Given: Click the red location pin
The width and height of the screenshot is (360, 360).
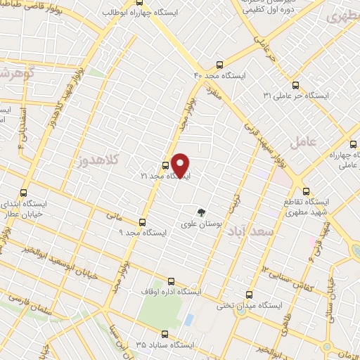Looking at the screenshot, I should click(x=180, y=165).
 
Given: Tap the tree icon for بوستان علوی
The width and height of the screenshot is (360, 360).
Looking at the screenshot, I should click(x=201, y=212).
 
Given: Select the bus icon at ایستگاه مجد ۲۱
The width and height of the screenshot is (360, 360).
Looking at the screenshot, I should click(x=165, y=166).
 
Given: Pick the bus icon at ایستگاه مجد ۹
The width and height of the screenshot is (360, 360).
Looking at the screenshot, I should click(x=143, y=222).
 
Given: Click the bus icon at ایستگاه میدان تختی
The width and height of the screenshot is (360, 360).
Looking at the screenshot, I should click(x=247, y=295).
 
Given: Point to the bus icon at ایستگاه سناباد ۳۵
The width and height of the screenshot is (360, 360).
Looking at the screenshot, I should click(x=165, y=335).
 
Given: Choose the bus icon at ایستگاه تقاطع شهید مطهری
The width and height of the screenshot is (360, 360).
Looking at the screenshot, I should click(x=305, y=190).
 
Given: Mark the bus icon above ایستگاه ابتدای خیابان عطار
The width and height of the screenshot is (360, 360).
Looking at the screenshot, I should click(x=25, y=192).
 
